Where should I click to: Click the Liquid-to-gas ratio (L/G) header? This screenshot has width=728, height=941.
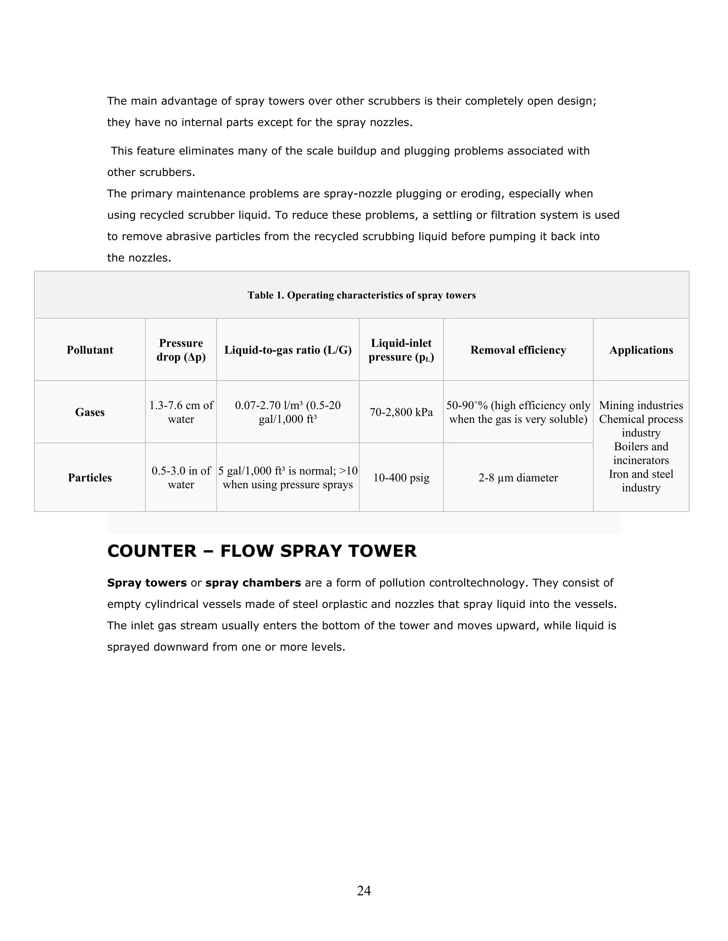(288, 350)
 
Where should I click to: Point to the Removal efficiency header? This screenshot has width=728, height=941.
(518, 350)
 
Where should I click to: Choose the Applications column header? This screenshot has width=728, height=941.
(641, 350)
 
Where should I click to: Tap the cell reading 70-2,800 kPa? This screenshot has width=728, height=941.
(401, 412)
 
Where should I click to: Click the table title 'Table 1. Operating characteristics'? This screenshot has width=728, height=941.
(362, 295)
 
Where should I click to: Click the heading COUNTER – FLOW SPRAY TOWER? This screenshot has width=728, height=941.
(262, 551)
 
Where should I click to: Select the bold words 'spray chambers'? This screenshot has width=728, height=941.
(253, 583)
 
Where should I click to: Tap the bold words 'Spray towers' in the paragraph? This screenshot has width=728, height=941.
(147, 583)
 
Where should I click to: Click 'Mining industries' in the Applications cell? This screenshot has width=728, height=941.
(641, 406)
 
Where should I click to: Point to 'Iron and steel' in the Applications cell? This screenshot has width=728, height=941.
(641, 474)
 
